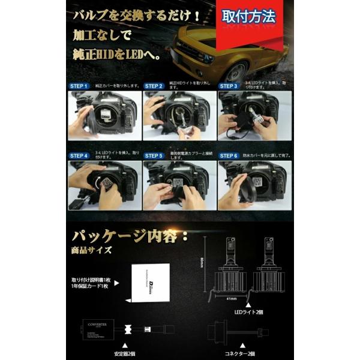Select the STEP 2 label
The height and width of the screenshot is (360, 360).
[x=154, y=86]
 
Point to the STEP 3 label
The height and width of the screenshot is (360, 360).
[x=229, y=86]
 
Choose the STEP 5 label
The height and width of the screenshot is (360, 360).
[x=154, y=156]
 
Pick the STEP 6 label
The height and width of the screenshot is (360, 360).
[x=229, y=156]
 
